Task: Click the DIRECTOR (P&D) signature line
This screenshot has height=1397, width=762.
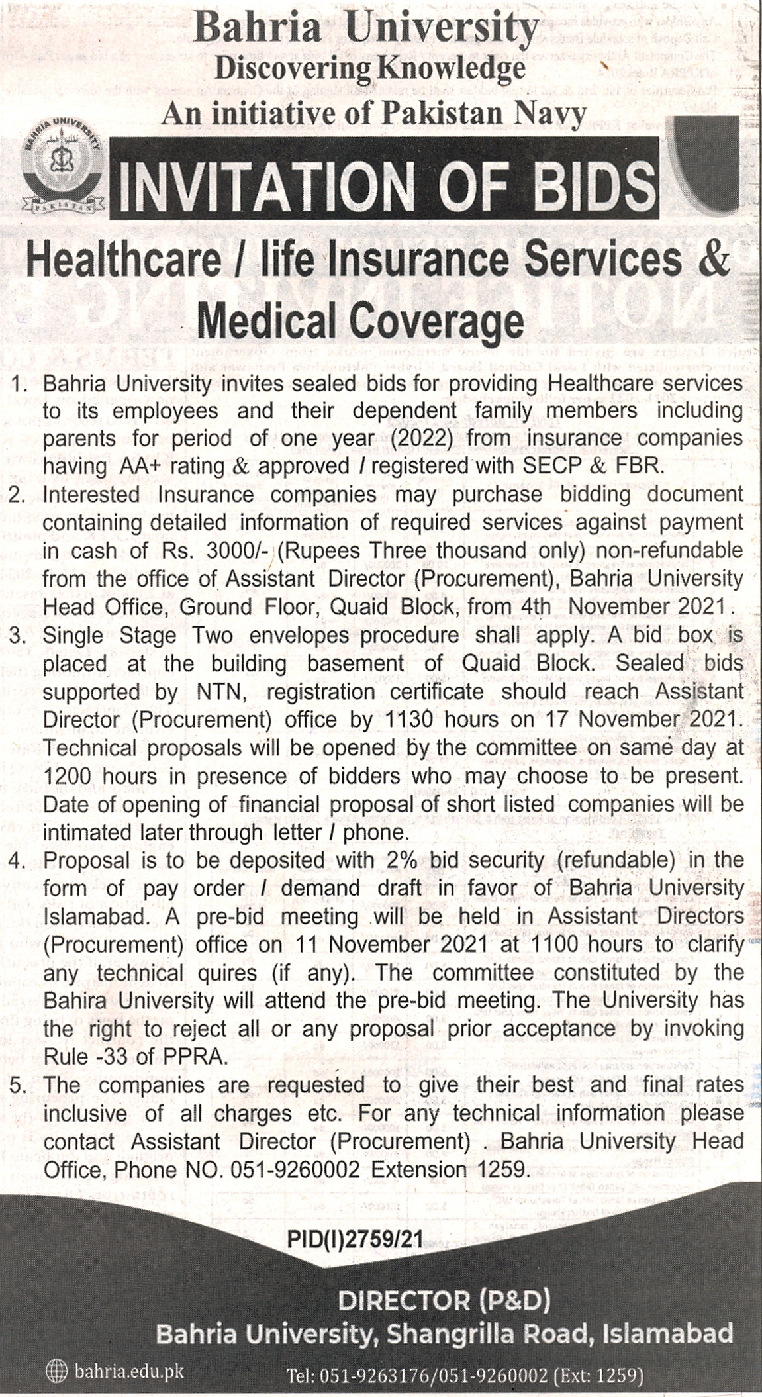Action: [444, 1301]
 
